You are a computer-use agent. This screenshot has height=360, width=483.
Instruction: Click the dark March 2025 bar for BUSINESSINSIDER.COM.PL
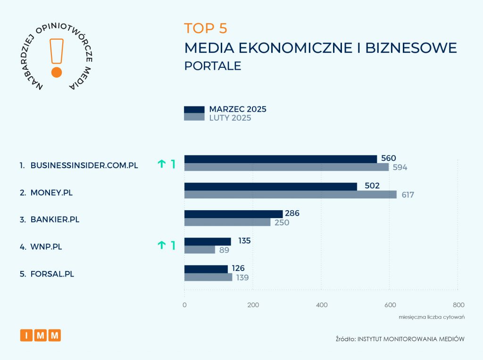pos(280,159)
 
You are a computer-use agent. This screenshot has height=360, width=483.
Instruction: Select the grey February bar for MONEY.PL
pos(290,195)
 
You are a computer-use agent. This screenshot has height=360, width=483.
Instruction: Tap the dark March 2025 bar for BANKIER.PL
pos(233,214)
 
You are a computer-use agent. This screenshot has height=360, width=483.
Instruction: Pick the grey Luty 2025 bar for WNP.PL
pos(200,250)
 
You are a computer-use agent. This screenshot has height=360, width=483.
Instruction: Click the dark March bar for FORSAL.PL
pos(206,269)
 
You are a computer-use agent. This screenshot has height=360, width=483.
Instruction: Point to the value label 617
pos(408,195)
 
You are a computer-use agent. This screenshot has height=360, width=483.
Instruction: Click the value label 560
pos(389,158)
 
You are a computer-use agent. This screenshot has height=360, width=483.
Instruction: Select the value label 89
pos(224,250)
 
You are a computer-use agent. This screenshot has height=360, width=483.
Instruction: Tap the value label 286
pos(291,213)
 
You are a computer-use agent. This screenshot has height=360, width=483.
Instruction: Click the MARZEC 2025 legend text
pos(238,109)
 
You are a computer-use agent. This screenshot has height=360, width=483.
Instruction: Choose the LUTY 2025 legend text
pos(230,118)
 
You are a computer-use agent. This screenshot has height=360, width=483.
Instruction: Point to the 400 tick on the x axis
pos(322,305)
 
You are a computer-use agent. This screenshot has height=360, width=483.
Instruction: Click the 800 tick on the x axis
pos(458,305)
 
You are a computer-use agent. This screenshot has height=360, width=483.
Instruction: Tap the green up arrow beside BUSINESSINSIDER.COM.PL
pos(162,164)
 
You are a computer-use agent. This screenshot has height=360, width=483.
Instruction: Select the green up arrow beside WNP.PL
pos(162,245)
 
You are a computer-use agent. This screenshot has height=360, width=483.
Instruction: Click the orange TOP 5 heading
pos(206,28)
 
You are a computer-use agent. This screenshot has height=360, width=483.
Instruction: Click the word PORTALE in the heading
pos(213,66)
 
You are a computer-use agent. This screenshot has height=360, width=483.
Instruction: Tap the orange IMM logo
pos(41,335)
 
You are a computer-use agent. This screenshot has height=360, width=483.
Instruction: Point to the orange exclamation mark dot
pos(56,72)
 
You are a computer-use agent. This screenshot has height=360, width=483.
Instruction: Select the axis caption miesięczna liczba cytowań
pos(432,317)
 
